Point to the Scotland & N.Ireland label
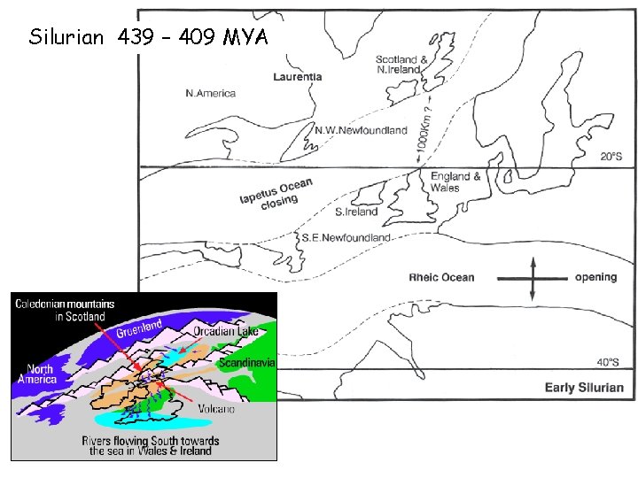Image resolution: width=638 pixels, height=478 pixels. pos(401,65)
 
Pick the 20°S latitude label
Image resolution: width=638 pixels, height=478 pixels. pos(611,156)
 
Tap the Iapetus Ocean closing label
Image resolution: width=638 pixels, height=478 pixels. pos(276,194)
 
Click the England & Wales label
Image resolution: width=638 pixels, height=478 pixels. pos(455,181)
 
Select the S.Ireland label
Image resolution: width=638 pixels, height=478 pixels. pos(356,212)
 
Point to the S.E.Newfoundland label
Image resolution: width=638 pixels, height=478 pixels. pos(346,238)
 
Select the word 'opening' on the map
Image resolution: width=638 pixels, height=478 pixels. pos(595,277)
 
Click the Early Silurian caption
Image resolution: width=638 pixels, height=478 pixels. pos(583,387)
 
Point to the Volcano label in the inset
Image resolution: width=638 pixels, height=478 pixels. pos(215,410)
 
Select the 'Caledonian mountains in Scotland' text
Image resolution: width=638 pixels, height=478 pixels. pos(59,310)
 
